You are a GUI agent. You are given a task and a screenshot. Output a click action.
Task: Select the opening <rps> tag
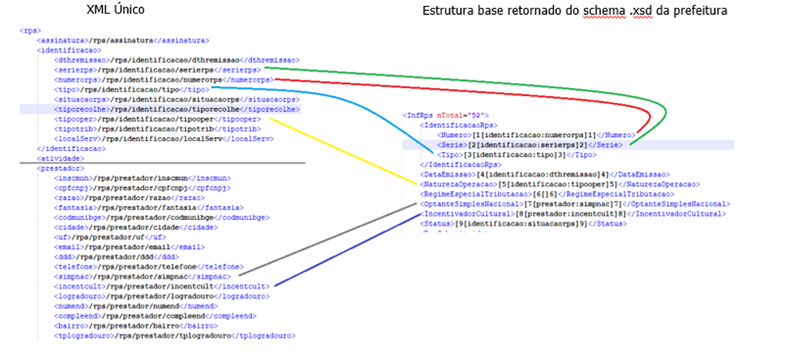30,31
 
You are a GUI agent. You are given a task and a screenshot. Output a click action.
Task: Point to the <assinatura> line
122,41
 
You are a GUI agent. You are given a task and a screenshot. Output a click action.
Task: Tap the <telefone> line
148,266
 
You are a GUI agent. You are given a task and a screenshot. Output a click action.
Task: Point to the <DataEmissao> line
544,174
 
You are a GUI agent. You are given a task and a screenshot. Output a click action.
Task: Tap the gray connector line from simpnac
330,239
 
